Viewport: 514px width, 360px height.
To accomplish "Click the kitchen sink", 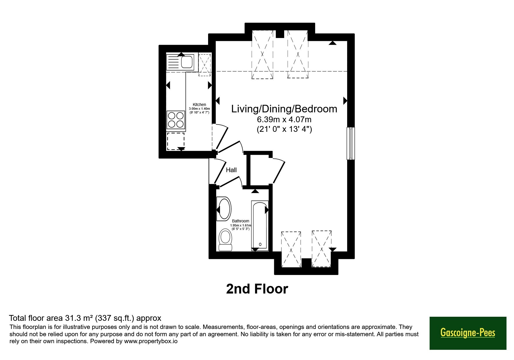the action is (180, 62).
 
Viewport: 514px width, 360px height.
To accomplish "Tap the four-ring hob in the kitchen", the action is (176, 120).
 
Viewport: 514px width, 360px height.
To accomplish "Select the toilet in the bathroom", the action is (225, 240).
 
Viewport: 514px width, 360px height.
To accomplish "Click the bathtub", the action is (260, 225).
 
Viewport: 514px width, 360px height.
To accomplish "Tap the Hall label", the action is (231, 170).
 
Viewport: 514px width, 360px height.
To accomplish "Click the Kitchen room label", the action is (199, 105).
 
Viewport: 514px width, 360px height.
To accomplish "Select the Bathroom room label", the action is (241, 221).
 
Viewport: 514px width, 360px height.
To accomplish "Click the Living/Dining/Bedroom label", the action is (284, 109).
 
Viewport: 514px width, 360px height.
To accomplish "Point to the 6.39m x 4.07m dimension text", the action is (284, 119).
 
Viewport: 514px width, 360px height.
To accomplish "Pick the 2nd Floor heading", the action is (257, 289).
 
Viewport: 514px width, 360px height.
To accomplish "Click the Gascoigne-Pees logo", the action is (468, 333).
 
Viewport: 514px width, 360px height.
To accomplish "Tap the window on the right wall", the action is (351, 143).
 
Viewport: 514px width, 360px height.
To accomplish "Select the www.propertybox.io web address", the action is (151, 341).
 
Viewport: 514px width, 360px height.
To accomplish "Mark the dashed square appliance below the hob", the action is (176, 141).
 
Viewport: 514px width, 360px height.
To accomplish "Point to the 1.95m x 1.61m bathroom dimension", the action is (241, 225).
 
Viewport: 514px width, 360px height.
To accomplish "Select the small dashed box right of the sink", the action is (205, 65).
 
